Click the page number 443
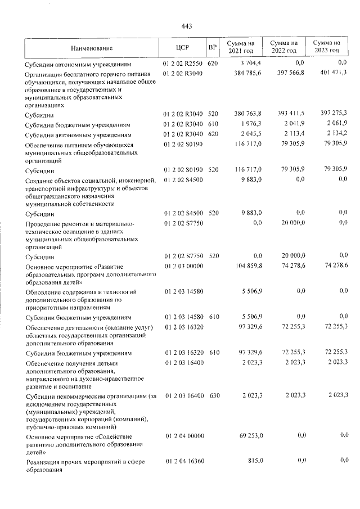tap(188, 26)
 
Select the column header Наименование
tap(92, 48)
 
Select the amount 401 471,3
tap(331, 73)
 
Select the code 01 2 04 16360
tap(183, 461)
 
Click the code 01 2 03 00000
tap(183, 266)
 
